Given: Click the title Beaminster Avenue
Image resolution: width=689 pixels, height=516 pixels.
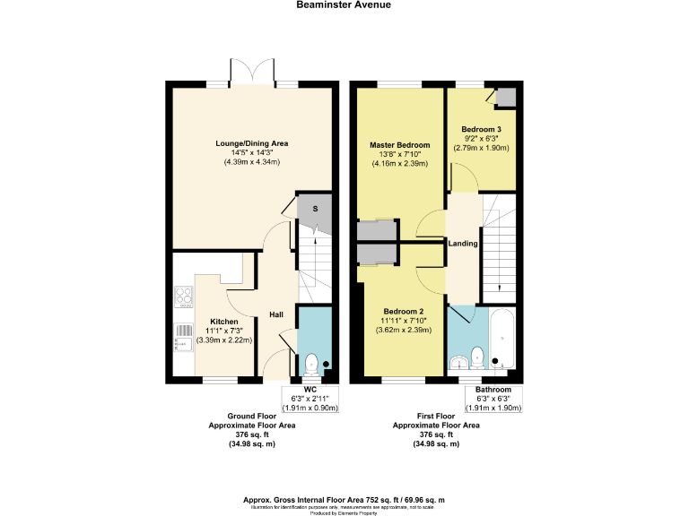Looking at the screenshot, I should point(344,4).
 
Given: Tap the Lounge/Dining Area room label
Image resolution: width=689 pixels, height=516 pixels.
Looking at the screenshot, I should point(251,143).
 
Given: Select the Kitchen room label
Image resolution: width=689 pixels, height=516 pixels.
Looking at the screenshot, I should point(223,321).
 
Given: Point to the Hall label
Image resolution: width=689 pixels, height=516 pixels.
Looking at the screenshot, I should point(276,314).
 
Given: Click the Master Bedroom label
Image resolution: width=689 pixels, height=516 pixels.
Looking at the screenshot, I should point(400,145).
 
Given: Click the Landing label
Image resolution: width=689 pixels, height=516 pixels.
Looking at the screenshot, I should point(463,243).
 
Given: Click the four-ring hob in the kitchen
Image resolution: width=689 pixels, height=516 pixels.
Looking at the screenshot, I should point(183,297).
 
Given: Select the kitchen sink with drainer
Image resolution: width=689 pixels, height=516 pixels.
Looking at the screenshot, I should point(183,338).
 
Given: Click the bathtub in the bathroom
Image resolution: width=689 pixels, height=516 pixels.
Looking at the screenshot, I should point(502,340).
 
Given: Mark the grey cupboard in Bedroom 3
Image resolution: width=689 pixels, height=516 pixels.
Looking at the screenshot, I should point(506,97).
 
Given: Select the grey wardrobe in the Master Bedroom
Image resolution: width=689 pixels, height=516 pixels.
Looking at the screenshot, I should point(376,230).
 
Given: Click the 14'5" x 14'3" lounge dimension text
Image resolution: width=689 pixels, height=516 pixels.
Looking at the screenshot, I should point(251,152).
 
